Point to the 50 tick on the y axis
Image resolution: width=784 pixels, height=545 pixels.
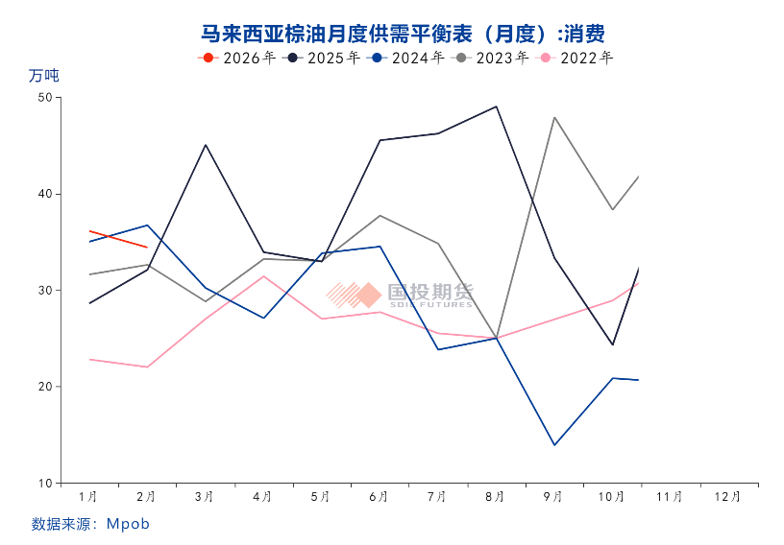pyautogui.click(x=44, y=97)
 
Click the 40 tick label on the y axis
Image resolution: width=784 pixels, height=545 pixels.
pyautogui.click(x=44, y=194)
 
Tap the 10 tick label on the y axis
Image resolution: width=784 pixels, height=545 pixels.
pyautogui.click(x=44, y=483)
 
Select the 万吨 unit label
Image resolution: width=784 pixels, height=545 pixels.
pyautogui.click(x=44, y=76)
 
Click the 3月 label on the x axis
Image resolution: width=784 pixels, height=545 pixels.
pyautogui.click(x=205, y=497)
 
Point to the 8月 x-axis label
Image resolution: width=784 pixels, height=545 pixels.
pyautogui.click(x=496, y=497)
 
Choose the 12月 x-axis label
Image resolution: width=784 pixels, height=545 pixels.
pyautogui.click(x=728, y=497)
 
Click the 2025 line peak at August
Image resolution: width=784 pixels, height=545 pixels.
pyautogui.click(x=496, y=107)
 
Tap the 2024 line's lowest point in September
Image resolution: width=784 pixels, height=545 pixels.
pyautogui.click(x=554, y=444)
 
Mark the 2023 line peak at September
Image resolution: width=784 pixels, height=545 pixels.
pyautogui.click(x=554, y=117)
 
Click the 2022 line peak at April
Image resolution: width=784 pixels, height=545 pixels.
pyautogui.click(x=263, y=276)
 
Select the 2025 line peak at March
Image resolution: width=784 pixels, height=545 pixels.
pyautogui.click(x=205, y=145)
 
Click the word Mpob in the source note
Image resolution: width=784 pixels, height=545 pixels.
pyautogui.click(x=128, y=524)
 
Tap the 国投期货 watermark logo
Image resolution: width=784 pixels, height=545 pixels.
pyautogui.click(x=399, y=295)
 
